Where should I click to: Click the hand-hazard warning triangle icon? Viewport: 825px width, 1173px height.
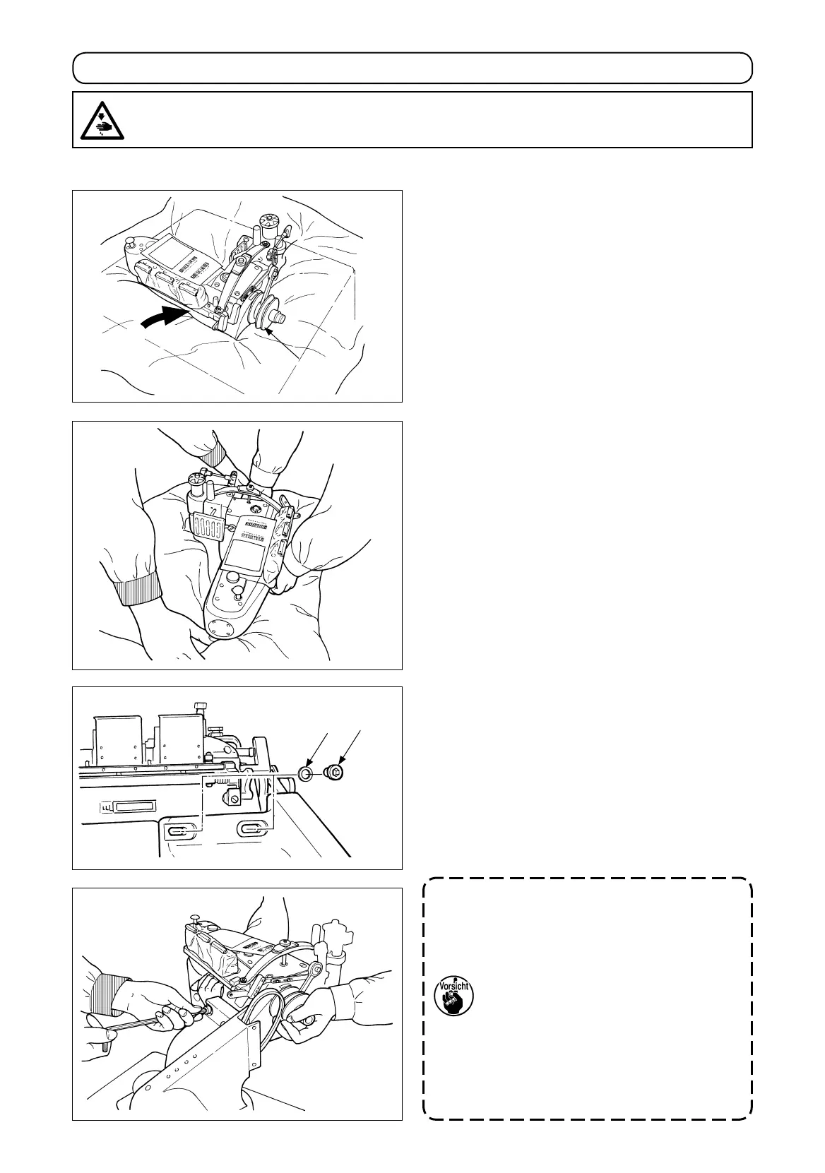[100, 120]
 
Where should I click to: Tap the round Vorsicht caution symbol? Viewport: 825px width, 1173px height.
[454, 996]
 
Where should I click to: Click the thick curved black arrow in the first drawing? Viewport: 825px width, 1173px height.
[165, 317]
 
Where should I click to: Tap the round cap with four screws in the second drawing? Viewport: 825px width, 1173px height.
[219, 626]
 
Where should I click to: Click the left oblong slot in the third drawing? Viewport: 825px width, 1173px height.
[179, 829]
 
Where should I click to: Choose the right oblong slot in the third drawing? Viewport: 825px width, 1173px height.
[252, 828]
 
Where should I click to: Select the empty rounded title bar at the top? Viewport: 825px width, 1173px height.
[412, 69]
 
